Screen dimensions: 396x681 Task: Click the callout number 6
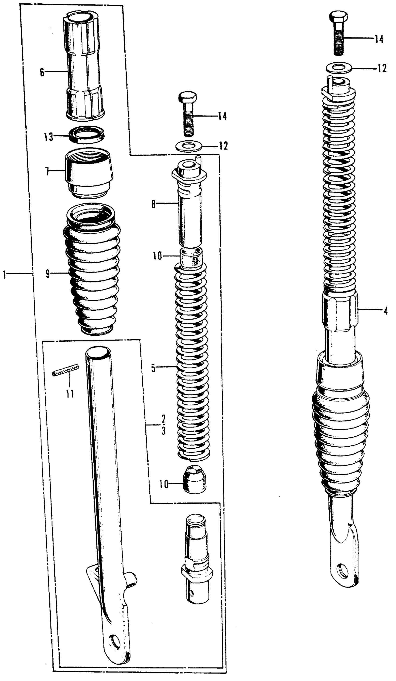click(42, 72)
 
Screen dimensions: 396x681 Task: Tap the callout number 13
click(49, 137)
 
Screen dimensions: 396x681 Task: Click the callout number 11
click(70, 394)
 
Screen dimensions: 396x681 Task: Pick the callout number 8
click(153, 204)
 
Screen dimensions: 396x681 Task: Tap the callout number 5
click(153, 368)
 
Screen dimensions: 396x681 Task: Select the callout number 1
click(4, 275)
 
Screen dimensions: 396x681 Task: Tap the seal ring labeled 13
click(87, 135)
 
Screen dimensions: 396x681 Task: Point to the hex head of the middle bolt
click(188, 97)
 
